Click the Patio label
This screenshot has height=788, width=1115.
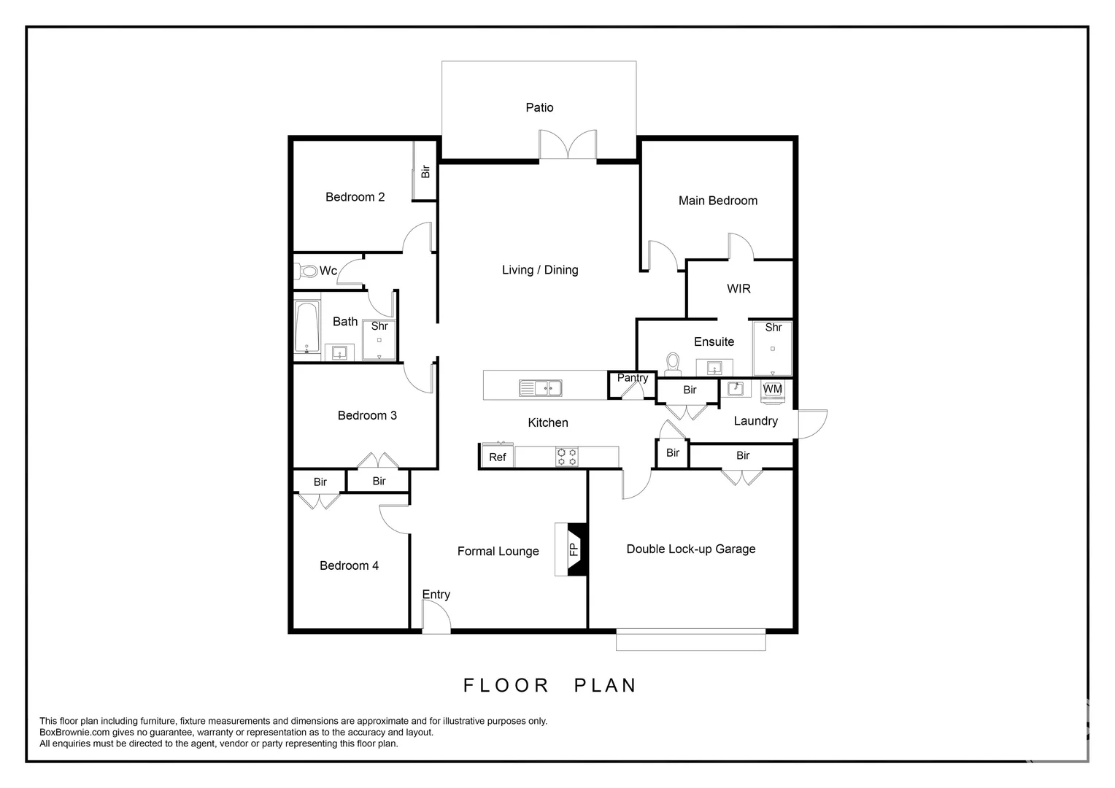click(539, 107)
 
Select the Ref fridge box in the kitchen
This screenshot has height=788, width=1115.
click(497, 457)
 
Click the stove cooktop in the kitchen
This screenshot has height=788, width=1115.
click(567, 457)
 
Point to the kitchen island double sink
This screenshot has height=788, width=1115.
click(540, 388)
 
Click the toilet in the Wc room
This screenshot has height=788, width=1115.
click(307, 271)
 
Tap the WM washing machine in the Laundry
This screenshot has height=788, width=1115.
click(772, 390)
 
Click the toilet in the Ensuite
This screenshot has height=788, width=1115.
click(673, 362)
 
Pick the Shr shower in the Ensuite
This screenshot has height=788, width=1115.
click(773, 348)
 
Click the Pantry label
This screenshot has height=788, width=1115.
click(632, 378)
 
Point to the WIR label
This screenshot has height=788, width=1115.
click(738, 289)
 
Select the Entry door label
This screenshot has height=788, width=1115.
click(436, 595)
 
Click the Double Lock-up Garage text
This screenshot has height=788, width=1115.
click(690, 549)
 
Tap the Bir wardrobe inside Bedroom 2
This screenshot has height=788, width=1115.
click(425, 171)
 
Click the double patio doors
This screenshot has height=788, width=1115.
click(568, 145)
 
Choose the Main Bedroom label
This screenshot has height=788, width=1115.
click(717, 201)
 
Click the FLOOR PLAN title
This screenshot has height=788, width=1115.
click(550, 685)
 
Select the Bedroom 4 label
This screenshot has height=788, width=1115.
click(349, 565)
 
